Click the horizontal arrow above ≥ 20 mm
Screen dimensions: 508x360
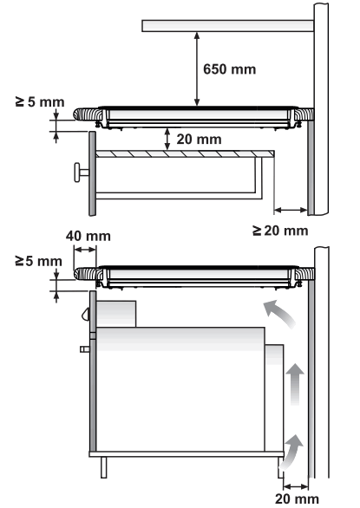290,210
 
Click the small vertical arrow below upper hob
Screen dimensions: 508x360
167,138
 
